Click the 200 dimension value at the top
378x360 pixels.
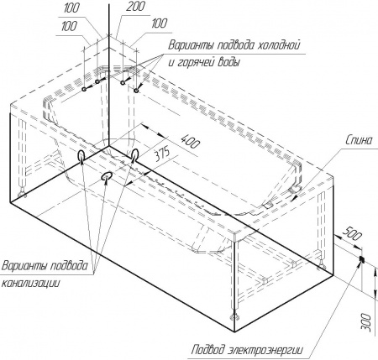pyautogui.click(x=135, y=7)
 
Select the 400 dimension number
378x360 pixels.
pyautogui.click(x=191, y=141)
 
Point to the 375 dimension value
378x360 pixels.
pyautogui.click(x=162, y=154)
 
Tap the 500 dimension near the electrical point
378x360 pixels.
pyautogui.click(x=352, y=234)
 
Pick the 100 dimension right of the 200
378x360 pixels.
pyautogui.click(x=159, y=23)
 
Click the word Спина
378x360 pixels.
pyautogui.click(x=359, y=140)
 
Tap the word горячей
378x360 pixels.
pyautogui.click(x=195, y=62)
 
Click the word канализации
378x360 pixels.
pyautogui.click(x=31, y=283)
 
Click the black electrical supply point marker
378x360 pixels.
pyautogui.click(x=361, y=259)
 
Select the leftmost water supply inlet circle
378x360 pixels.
pyautogui.click(x=84, y=89)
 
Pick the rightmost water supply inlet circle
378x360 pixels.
pyautogui.click(x=136, y=91)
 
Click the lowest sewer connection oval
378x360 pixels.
pyautogui.click(x=107, y=176)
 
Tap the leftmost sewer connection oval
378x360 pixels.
pyautogui.click(x=81, y=154)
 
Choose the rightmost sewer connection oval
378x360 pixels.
pyautogui.click(x=135, y=154)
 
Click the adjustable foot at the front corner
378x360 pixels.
pyautogui.click(x=234, y=317)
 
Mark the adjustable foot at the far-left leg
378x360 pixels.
pyautogui.click(x=22, y=194)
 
